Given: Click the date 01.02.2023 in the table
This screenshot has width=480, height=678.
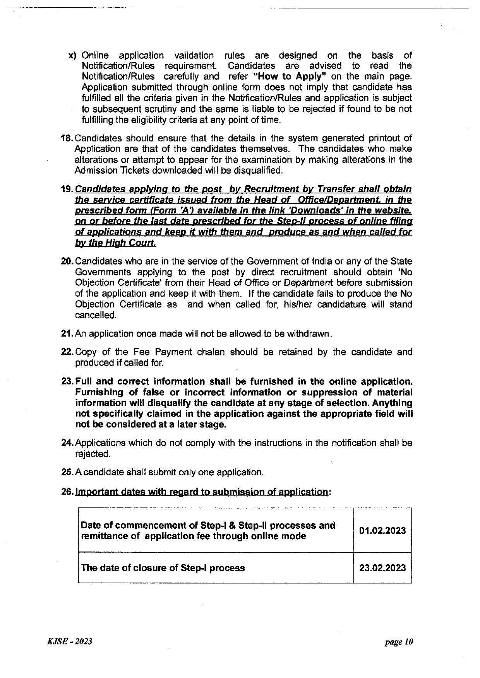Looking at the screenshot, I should (382, 530).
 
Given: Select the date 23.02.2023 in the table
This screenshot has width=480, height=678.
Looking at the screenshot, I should (382, 568).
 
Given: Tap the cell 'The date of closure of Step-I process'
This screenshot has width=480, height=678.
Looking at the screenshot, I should (163, 568).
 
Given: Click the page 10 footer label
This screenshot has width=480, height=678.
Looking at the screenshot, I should (399, 642).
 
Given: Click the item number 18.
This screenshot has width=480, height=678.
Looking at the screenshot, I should (67, 138).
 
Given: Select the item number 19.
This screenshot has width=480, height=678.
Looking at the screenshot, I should (67, 189).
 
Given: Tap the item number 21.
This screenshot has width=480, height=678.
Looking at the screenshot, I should (67, 333).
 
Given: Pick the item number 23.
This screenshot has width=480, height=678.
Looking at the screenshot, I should (67, 381).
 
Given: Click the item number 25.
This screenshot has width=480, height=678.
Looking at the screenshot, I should (67, 472).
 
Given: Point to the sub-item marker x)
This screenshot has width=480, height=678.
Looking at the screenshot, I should (73, 55).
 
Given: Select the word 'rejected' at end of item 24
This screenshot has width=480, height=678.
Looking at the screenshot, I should (92, 454).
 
